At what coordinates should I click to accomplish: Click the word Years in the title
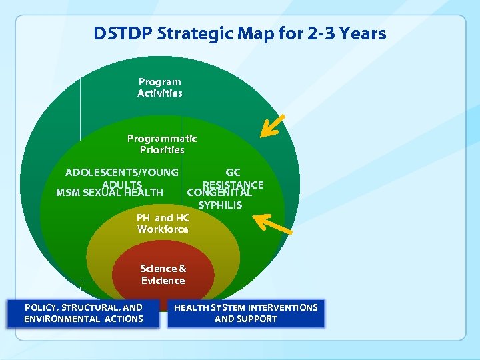click(361, 33)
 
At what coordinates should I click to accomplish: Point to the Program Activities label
click(159, 88)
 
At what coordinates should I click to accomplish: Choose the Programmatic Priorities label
click(162, 144)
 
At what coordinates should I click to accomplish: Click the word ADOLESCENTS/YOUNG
click(122, 173)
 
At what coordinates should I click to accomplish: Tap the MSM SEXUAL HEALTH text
click(110, 193)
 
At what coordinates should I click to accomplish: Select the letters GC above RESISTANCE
click(233, 173)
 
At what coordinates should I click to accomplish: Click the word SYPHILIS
click(220, 205)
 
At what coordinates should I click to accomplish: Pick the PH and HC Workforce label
click(163, 223)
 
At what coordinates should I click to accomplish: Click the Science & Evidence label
click(163, 274)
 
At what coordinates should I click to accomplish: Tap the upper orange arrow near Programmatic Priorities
click(272, 126)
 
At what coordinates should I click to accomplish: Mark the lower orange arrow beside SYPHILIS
click(273, 224)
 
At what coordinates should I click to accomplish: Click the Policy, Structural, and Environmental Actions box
click(83, 313)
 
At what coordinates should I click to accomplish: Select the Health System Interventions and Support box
click(246, 313)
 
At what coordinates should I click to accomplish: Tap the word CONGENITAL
click(219, 193)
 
